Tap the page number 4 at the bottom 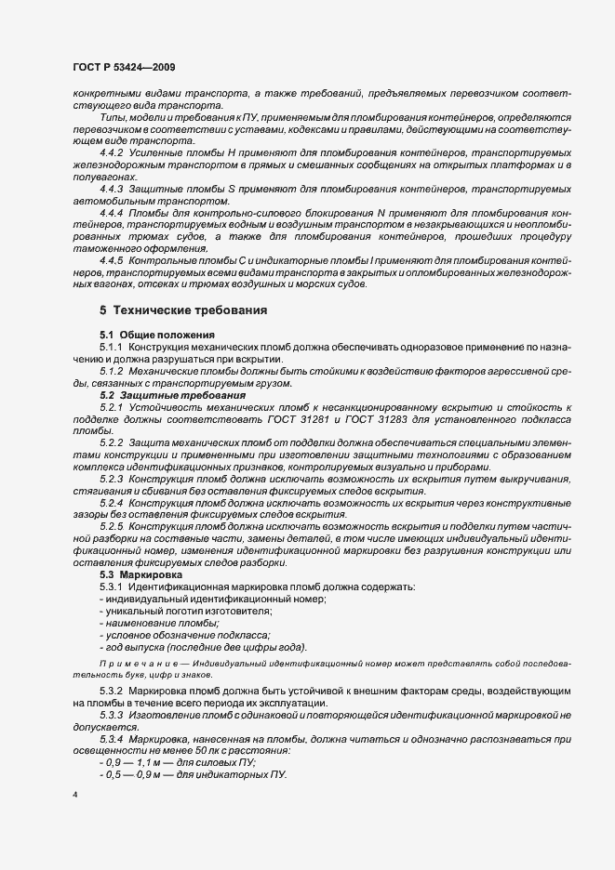(74, 796)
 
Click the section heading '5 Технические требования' (184, 310)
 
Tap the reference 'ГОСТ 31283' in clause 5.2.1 (401, 419)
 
